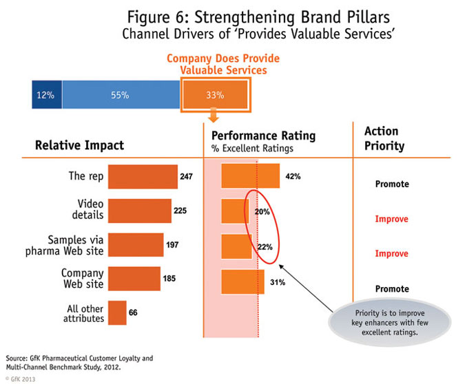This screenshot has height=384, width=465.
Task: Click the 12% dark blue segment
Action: pyautogui.click(x=46, y=95)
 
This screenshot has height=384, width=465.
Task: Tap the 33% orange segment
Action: pyautogui.click(x=214, y=95)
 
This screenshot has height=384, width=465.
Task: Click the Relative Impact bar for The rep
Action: pyautogui.click(x=143, y=176)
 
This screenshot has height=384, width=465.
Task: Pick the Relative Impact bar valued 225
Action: pyautogui.click(x=140, y=211)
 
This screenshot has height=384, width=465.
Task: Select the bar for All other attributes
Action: pyautogui.click(x=117, y=312)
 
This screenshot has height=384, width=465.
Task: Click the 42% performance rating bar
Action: pyautogui.click(x=251, y=176)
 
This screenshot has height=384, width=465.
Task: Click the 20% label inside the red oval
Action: pyautogui.click(x=261, y=212)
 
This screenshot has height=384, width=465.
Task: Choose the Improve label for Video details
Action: pyautogui.click(x=391, y=219)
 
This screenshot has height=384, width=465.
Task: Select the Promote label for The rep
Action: pyautogui.click(x=391, y=184)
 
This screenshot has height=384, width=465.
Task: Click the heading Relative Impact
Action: pyautogui.click(x=80, y=145)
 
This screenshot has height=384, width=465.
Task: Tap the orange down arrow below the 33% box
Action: pyautogui.click(x=214, y=115)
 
